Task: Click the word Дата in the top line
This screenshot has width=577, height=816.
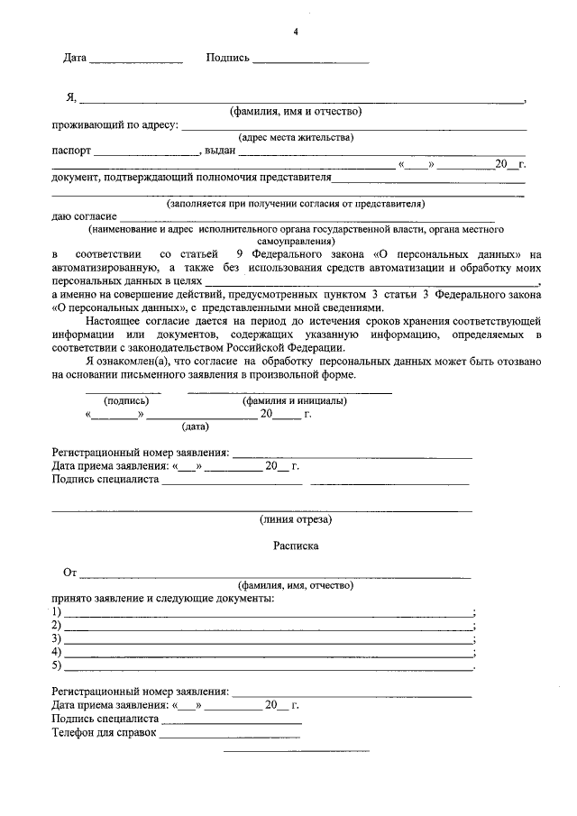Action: coord(75,58)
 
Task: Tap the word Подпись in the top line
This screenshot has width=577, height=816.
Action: coord(227,58)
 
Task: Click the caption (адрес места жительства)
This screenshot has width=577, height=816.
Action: coord(296,137)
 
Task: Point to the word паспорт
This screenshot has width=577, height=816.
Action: coord(71,151)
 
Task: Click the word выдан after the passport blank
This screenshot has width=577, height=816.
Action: coord(220,151)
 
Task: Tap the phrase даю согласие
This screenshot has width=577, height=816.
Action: coord(84,216)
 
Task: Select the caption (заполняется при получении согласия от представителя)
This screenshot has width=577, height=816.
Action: coord(295,204)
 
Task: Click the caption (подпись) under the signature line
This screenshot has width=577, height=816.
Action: coord(123,400)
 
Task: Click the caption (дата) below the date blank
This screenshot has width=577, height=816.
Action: coord(195,426)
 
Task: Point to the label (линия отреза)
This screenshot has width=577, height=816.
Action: coord(296,519)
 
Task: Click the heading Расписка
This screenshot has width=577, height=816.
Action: coord(296,546)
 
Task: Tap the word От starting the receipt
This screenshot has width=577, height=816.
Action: coord(69,573)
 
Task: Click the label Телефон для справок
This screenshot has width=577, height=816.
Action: coord(104,732)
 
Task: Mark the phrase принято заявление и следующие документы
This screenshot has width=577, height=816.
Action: coord(162,599)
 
